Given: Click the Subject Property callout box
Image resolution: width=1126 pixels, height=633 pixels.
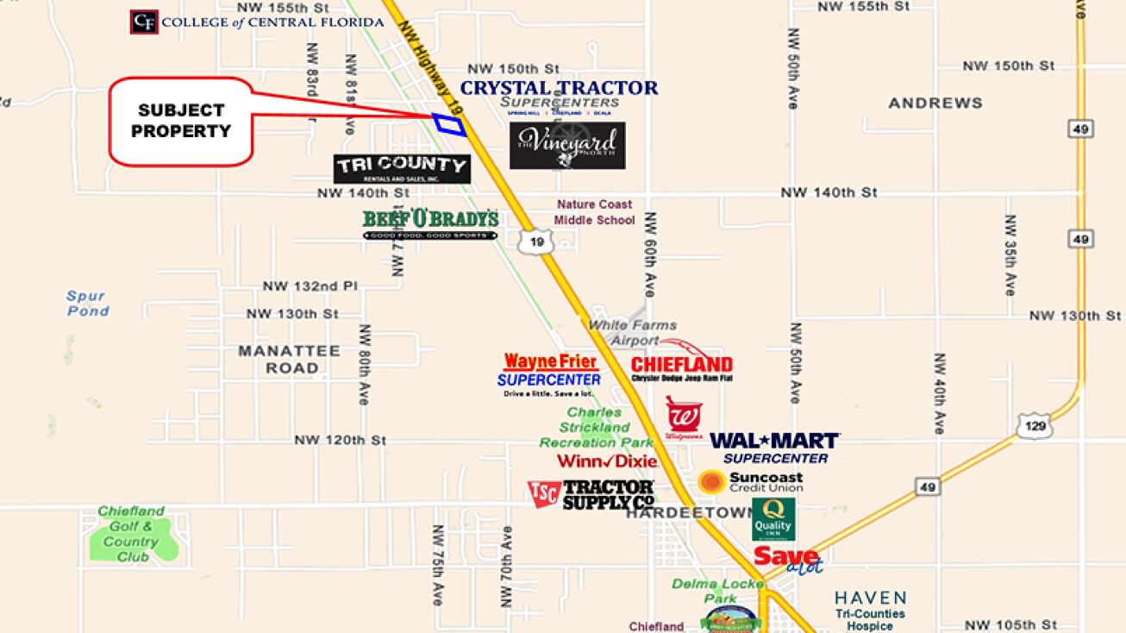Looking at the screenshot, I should [x=181, y=122].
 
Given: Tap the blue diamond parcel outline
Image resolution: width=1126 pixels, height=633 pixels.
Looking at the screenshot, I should [x=449, y=124].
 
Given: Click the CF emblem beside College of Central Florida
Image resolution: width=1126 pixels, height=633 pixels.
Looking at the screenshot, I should [x=144, y=22].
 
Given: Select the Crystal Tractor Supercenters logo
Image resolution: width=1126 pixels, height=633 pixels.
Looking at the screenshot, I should [x=559, y=96].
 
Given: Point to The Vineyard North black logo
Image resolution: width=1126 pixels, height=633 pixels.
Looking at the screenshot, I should [x=566, y=145].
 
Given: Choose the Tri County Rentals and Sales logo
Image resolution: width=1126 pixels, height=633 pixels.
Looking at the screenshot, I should [x=402, y=168].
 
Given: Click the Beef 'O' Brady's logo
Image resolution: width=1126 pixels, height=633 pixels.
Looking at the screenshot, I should [x=430, y=223].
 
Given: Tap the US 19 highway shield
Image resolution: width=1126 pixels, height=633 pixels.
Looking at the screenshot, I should [x=536, y=242].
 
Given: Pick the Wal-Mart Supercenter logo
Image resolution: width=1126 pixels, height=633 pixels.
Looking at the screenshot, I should [x=774, y=448].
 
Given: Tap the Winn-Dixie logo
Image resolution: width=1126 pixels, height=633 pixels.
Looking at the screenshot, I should [x=607, y=461].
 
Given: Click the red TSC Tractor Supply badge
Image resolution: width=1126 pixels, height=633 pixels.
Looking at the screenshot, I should [x=543, y=493].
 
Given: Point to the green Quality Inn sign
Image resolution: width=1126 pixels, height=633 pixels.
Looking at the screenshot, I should [x=773, y=519].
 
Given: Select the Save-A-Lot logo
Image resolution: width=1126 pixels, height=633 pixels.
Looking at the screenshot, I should [x=787, y=558].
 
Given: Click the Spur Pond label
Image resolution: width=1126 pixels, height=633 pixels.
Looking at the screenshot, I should [x=87, y=304].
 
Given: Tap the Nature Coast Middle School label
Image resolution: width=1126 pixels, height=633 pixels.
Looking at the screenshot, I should [x=594, y=212].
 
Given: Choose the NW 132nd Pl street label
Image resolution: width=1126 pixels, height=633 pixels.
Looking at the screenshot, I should [x=310, y=286].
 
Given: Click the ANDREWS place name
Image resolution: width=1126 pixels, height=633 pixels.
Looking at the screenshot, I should [x=935, y=103].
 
